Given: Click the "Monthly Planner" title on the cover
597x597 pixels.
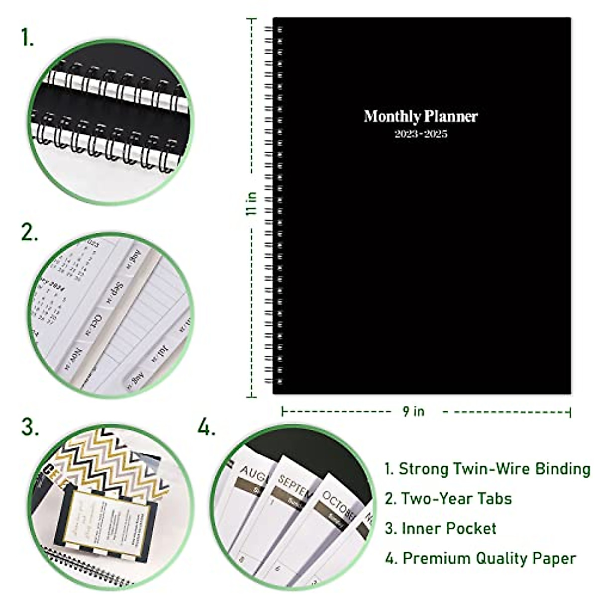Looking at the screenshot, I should pos(420,116).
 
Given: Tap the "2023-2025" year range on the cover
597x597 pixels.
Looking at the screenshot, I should pos(421,134).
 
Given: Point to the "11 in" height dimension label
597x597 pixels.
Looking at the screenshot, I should pos(252,203).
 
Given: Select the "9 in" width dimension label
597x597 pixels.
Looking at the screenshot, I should pos(413,411).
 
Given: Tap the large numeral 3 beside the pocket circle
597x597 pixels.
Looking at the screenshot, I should pos(30,427).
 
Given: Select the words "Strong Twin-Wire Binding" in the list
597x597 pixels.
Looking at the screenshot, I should pos(495,469).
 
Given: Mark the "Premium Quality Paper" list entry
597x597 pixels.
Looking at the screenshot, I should pos(489,558).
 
